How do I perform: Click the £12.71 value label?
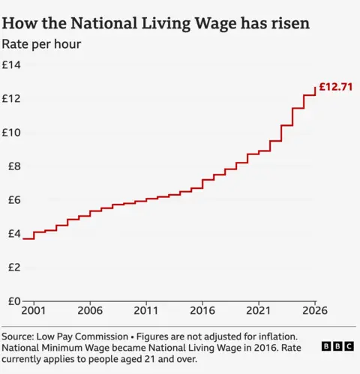(335, 88)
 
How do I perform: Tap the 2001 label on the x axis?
(34, 310)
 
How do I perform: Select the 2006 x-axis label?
(90, 310)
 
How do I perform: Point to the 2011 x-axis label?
(146, 310)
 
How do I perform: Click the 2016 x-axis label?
(202, 310)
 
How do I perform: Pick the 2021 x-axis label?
(259, 310)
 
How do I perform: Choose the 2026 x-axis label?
(315, 310)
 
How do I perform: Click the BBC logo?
(337, 347)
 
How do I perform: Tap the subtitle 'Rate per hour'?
(41, 44)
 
